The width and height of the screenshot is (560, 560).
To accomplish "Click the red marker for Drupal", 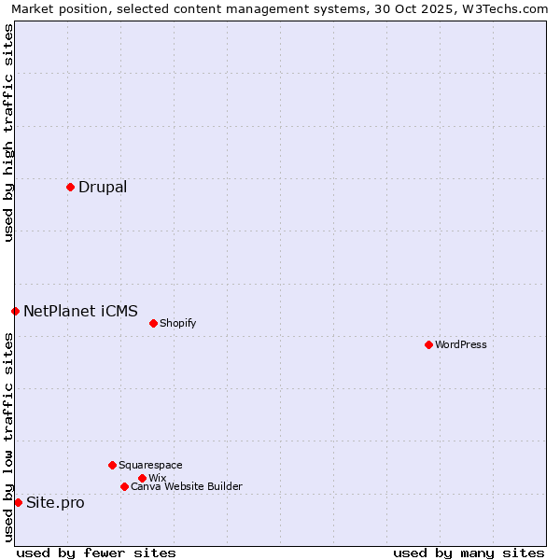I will click(x=70, y=187).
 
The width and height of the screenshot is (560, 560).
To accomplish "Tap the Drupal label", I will click(x=103, y=187).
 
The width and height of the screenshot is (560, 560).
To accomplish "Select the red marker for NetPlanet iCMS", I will click(x=15, y=311).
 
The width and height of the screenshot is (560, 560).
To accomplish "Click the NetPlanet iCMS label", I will click(x=80, y=311).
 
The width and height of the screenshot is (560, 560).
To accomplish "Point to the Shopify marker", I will click(x=153, y=323).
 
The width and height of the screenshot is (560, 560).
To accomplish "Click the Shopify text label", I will click(x=177, y=323).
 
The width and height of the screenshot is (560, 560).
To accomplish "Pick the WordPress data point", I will click(x=428, y=344).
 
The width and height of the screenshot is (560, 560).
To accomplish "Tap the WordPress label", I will click(x=460, y=344).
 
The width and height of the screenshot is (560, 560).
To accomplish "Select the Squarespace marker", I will click(x=112, y=465).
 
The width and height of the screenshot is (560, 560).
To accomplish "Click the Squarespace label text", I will click(x=150, y=465).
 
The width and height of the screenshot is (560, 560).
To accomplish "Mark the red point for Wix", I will click(x=142, y=478).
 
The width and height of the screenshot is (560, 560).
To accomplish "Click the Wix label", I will click(x=157, y=478).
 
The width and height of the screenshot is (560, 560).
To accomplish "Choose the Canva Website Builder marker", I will click(x=124, y=486).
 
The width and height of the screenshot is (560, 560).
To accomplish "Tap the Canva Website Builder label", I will click(x=186, y=486).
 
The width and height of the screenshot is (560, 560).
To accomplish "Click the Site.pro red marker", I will click(x=18, y=502).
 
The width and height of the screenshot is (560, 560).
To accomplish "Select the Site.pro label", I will click(x=55, y=502).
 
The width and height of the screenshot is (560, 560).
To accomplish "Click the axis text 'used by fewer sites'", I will click(x=96, y=553).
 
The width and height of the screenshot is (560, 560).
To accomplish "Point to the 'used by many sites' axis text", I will click(x=469, y=553).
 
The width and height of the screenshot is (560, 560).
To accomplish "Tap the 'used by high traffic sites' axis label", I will click(x=9, y=133).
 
